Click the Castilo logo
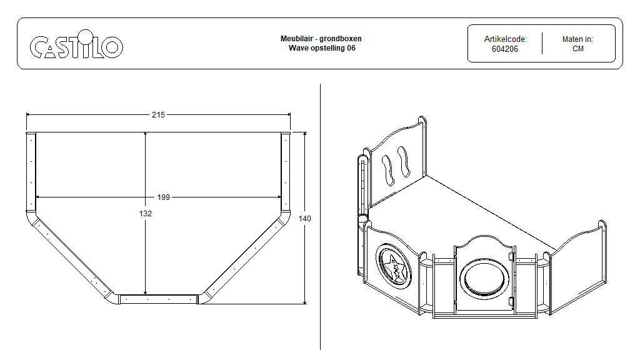point(76,46)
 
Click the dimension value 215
point(158,115)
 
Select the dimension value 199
point(163,197)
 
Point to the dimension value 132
point(146,214)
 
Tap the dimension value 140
point(304,219)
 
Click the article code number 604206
point(504,49)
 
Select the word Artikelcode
point(505,39)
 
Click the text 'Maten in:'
point(577,39)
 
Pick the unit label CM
point(577,49)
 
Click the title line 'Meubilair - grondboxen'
point(321,39)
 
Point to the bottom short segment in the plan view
point(158,299)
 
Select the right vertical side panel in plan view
point(286,171)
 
